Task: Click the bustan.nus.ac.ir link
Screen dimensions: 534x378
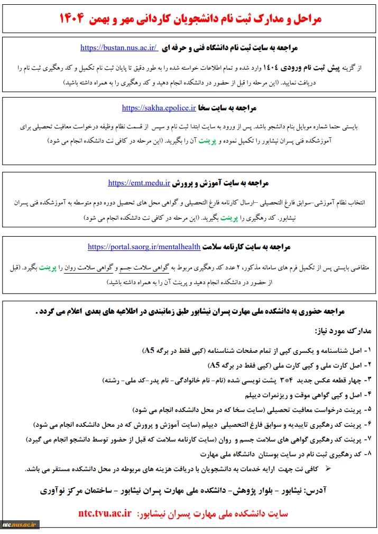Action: point(118,48)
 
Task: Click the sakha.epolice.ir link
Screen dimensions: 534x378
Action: point(159,108)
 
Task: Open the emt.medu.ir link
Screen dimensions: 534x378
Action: point(139,183)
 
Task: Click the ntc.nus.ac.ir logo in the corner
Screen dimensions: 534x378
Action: point(20,525)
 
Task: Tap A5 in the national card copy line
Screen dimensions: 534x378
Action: point(215,366)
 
